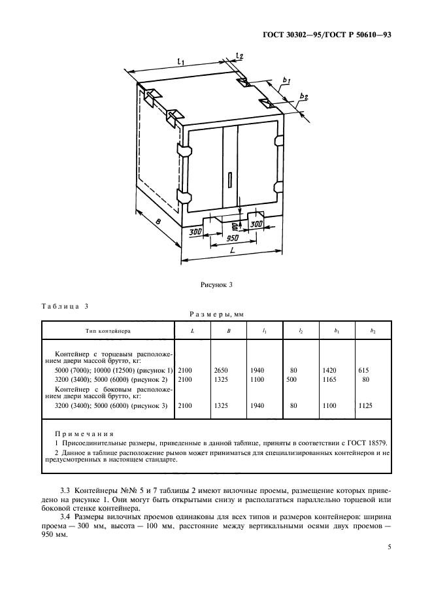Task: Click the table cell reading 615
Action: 364,369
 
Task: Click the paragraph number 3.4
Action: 65,515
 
